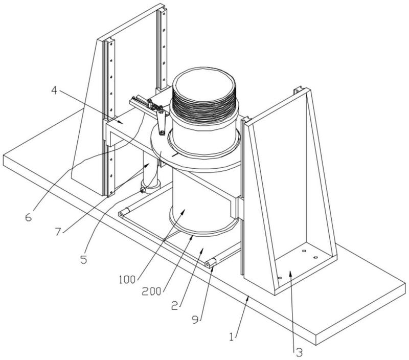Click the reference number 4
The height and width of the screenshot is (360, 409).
(x=54, y=91)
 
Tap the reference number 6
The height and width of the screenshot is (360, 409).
(x=29, y=217)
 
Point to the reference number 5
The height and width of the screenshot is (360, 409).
(x=83, y=259)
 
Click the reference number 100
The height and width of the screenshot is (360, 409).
(x=127, y=280)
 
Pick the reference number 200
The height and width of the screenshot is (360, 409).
(x=151, y=291)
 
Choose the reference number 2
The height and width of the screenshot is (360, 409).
(x=174, y=305)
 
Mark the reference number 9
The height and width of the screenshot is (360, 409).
(x=195, y=320)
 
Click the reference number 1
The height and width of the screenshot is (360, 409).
(x=232, y=336)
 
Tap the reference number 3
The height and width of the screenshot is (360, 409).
(x=299, y=353)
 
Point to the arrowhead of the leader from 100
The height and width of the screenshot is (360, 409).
(x=184, y=211)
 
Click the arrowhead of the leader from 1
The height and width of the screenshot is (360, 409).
(x=248, y=298)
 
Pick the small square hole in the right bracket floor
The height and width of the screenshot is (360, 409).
(x=304, y=251)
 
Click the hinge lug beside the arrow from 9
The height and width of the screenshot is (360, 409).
(x=210, y=263)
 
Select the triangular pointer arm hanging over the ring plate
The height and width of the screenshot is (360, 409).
(x=161, y=123)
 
